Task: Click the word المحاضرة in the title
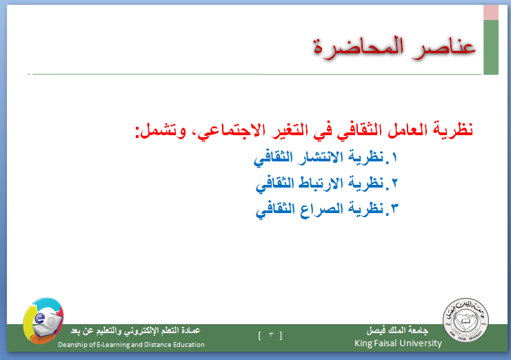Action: (359, 48)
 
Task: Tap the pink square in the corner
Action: (491, 12)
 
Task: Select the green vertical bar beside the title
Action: (491, 47)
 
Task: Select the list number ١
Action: (394, 158)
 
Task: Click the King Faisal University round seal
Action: (465, 320)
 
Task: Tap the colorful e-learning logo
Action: (43, 321)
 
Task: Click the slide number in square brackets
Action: (270, 335)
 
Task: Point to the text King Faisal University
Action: (398, 343)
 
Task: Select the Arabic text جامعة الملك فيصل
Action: (397, 330)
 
